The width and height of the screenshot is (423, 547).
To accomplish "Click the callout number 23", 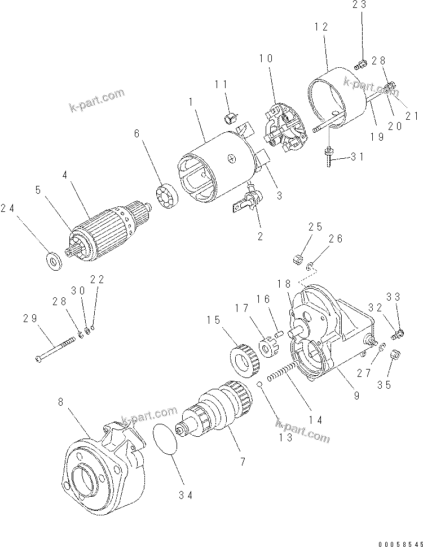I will tap(359, 5).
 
